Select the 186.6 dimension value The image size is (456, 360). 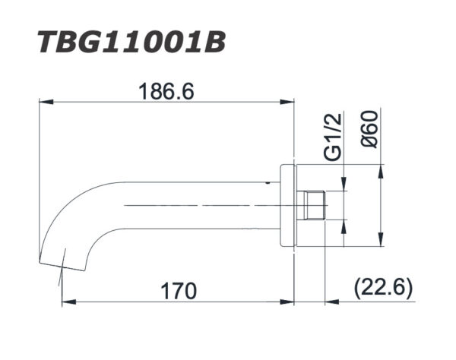point(166,90)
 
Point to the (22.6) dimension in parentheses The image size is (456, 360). point(382,288)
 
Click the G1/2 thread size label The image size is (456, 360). point(332,136)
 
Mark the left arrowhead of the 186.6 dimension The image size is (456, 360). point(44,101)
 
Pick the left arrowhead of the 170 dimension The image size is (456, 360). point(65,302)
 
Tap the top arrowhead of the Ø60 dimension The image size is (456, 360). point(378,170)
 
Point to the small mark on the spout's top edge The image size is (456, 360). point(268,182)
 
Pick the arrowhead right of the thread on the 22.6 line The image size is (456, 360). point(330,302)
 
